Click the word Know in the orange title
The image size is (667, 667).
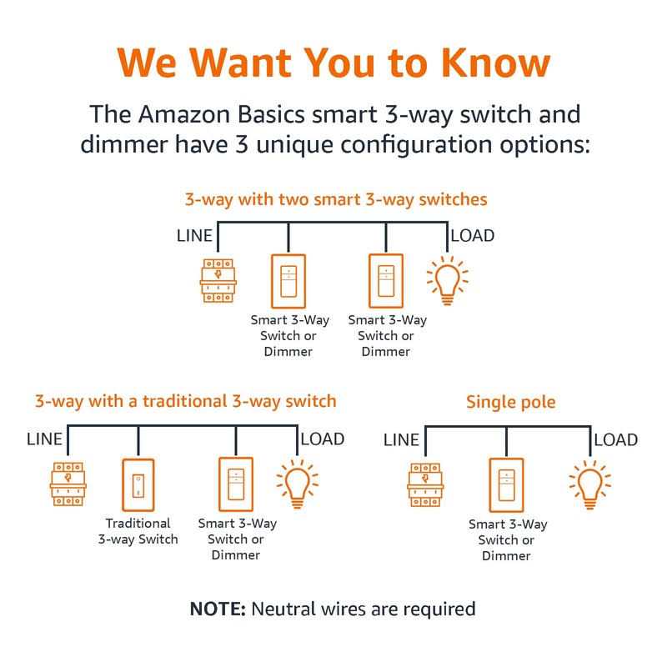495,63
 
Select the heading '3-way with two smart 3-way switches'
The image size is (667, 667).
336,199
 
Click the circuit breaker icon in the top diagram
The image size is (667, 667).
218,280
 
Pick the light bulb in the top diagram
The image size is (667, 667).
447,281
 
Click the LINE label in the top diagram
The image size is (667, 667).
194,236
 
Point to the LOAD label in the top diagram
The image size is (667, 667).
473,236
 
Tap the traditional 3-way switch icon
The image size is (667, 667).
138,485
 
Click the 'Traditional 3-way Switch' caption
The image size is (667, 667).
138,531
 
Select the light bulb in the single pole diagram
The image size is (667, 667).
590,485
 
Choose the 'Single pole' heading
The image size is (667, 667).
511,402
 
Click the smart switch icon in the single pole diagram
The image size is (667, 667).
506,485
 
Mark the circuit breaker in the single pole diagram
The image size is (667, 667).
425,485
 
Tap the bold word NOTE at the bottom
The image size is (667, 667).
218,609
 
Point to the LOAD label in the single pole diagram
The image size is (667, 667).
616,440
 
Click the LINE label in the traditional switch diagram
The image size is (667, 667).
44,439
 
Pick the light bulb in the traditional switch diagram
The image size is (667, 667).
298,484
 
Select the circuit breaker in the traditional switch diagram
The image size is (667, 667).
68,484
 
